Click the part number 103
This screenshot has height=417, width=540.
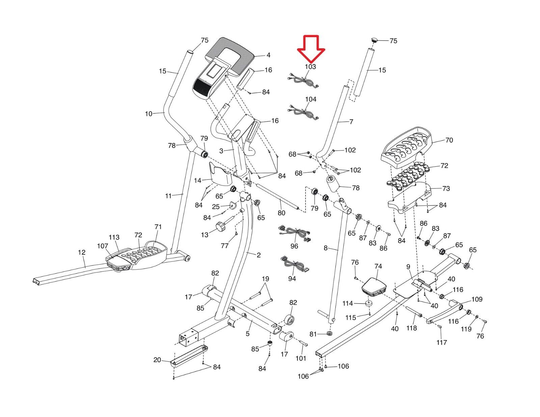[310, 67]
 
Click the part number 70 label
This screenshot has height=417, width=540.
[449, 140]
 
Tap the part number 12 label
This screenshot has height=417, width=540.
[81, 252]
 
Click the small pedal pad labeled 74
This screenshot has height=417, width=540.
[374, 285]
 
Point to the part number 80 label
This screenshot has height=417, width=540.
[281, 213]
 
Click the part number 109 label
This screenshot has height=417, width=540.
[477, 299]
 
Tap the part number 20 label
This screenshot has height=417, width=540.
[157, 360]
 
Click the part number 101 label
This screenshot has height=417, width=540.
[301, 358]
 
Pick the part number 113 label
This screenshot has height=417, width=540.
[114, 237]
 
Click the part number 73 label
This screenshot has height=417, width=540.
[446, 189]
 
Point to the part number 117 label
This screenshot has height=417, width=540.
[441, 342]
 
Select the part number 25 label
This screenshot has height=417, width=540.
[216, 206]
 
